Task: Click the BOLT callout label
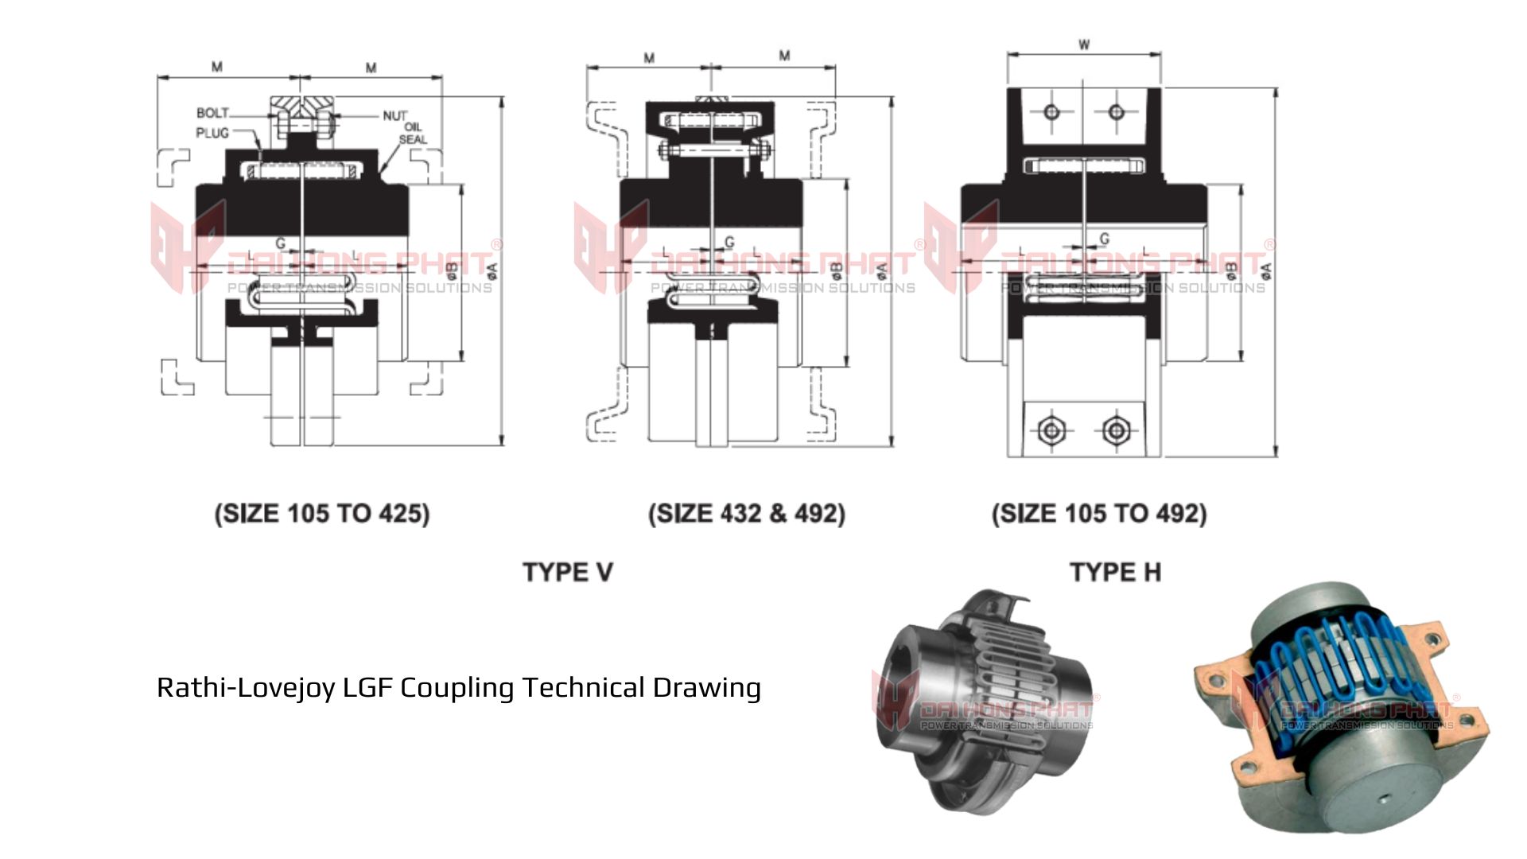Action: [x=212, y=114]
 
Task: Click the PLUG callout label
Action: [x=212, y=133]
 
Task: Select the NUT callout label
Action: [x=394, y=116]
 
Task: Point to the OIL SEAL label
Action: [x=413, y=134]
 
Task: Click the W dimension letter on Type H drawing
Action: [x=1084, y=45]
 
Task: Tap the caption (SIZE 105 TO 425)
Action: [x=322, y=513]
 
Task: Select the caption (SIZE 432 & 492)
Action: [x=747, y=513]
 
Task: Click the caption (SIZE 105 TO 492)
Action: [x=1099, y=513]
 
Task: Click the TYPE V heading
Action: [x=568, y=572]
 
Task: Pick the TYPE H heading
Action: [x=1115, y=572]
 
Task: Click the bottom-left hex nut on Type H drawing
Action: [x=1051, y=430]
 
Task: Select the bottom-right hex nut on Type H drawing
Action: [x=1116, y=430]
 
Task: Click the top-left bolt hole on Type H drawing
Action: [x=1051, y=111]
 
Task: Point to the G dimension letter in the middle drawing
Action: [x=729, y=242]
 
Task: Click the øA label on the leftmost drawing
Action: [x=492, y=271]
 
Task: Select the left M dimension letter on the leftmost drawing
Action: [x=216, y=67]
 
